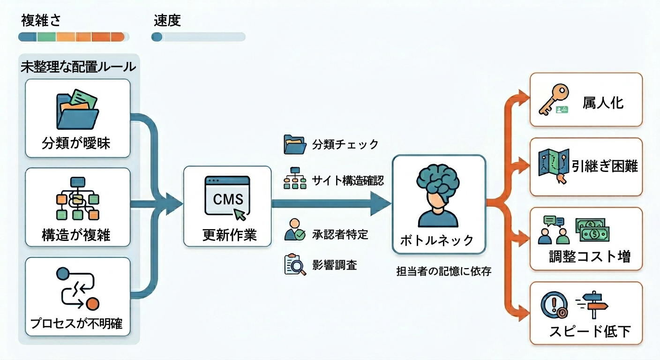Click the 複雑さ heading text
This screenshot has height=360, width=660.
click(x=41, y=21)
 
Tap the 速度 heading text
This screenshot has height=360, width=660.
click(x=167, y=21)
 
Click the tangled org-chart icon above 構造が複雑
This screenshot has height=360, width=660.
click(x=77, y=199)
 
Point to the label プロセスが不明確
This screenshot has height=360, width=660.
click(x=77, y=323)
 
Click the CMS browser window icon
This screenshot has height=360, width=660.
click(x=227, y=197)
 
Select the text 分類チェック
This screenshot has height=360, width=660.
click(x=345, y=144)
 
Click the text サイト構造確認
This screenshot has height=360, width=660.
click(x=348, y=180)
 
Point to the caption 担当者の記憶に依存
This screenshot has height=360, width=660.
click(x=443, y=271)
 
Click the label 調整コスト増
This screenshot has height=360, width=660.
click(x=590, y=257)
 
